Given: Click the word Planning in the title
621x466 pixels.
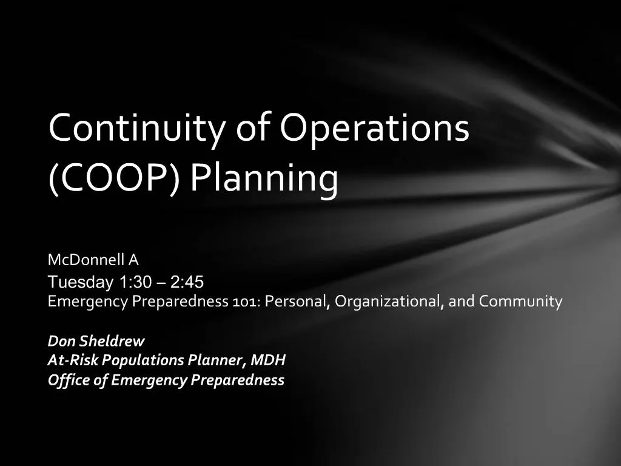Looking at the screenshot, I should pyautogui.click(x=264, y=179).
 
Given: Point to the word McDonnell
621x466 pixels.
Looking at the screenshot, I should pyautogui.click(x=86, y=260).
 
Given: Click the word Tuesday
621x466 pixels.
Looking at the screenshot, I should pyautogui.click(x=81, y=282).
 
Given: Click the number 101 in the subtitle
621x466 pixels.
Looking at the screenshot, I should pyautogui.click(x=246, y=302).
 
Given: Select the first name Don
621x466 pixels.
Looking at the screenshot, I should pyautogui.click(x=62, y=341).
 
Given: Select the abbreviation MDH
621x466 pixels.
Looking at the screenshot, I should pyautogui.click(x=268, y=360).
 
